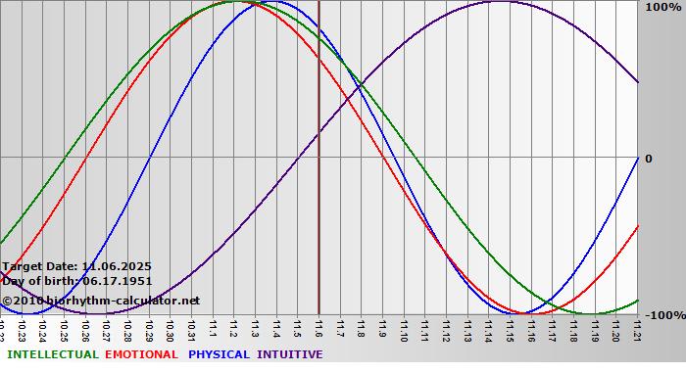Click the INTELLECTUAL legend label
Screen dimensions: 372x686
coord(53,354)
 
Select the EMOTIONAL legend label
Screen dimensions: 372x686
coord(141,354)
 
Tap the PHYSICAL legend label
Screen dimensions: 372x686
coord(220,354)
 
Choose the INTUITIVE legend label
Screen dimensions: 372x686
coord(290,354)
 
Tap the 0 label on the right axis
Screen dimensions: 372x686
coord(648,159)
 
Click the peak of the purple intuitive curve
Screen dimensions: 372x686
coord(499,2)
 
